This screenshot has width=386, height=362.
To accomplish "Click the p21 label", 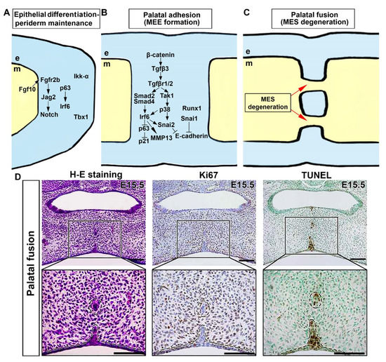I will tap(144, 141).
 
